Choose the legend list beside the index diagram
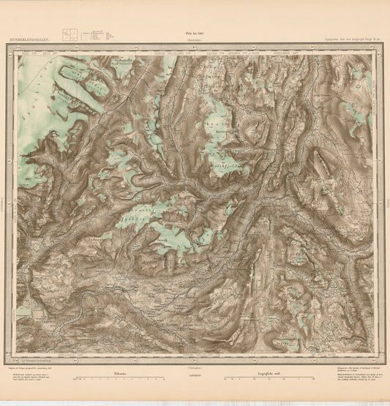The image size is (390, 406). click(99, 34)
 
